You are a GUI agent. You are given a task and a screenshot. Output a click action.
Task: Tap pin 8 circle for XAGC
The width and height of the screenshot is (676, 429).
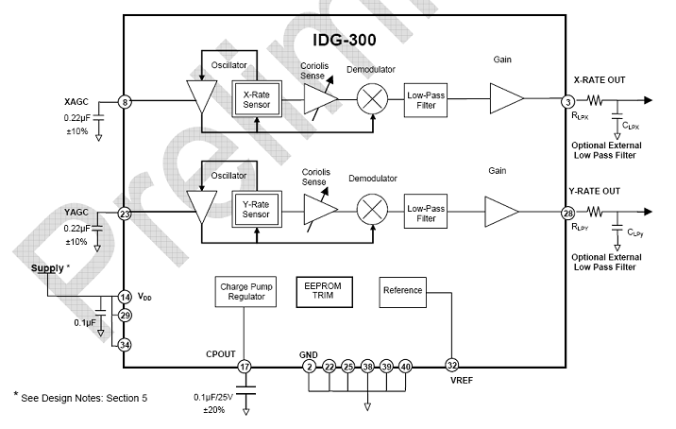(x=124, y=102)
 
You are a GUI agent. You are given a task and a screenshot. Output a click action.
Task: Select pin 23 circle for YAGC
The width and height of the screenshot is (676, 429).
(x=124, y=214)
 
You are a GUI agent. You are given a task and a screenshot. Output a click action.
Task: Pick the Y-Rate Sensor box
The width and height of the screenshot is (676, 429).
(x=257, y=208)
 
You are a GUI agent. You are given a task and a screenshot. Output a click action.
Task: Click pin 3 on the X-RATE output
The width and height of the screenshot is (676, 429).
(x=567, y=102)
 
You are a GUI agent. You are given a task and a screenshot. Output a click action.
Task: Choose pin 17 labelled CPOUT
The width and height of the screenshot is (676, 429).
(x=245, y=366)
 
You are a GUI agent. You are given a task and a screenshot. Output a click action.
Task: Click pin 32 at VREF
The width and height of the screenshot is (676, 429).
(x=452, y=366)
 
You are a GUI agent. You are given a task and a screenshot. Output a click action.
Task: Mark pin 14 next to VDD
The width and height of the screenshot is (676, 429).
(x=124, y=297)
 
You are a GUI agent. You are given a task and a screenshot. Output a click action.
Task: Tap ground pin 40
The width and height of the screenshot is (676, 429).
(x=406, y=366)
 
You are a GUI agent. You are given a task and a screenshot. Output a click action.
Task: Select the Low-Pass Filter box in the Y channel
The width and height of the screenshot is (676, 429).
(x=427, y=213)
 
